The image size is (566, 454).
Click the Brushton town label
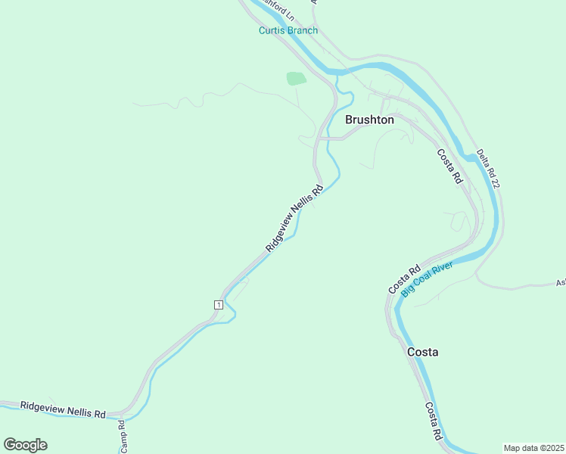[369, 120]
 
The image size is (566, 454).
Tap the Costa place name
[422, 352]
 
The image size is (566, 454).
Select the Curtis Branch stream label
[288, 31]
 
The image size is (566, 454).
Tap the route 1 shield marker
[218, 304]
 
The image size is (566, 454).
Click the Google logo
[25, 445]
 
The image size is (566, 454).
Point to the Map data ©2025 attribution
[533, 448]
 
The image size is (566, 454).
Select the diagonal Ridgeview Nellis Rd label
[294, 219]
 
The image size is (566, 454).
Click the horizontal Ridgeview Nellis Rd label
[63, 410]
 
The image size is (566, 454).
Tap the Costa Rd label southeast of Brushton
[449, 166]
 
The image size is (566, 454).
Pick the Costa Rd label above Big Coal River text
[404, 280]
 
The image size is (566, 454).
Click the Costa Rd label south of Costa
[433, 421]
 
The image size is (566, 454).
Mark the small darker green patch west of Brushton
[296, 78]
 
